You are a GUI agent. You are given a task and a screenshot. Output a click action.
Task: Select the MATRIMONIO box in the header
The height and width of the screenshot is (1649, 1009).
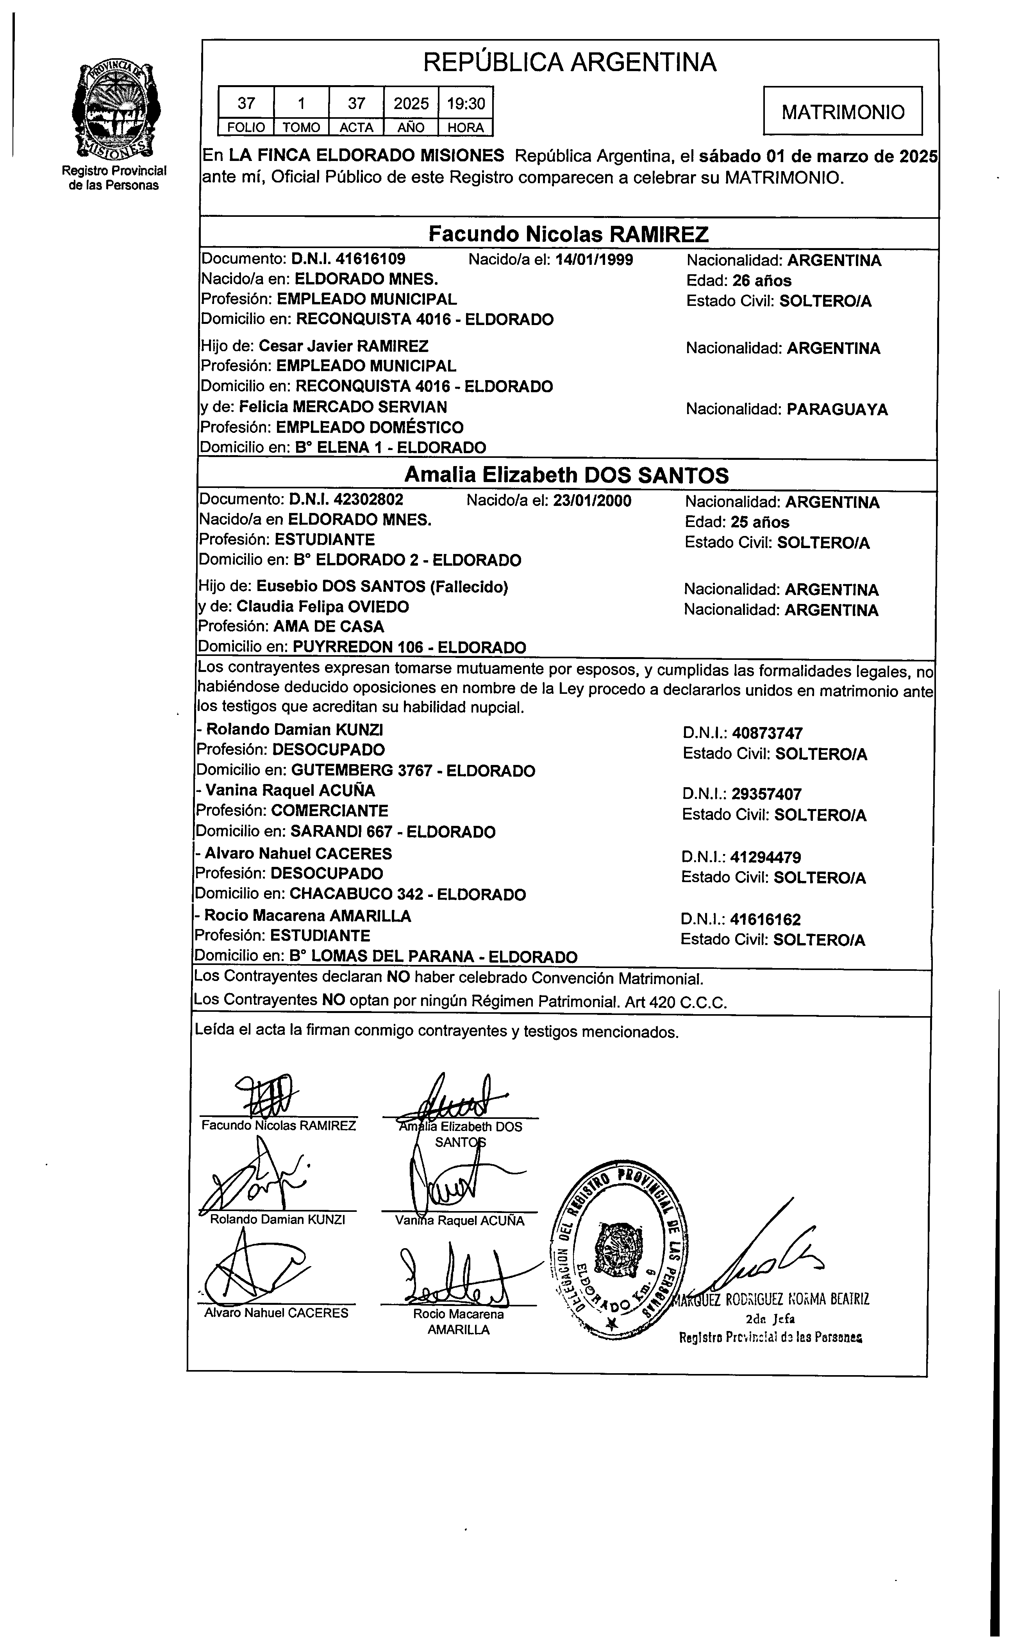point(842,111)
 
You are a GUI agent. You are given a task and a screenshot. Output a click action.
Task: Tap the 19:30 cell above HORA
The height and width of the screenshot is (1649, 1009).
point(466,103)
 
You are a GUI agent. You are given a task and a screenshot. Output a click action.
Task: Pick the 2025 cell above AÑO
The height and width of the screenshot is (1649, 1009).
point(411,103)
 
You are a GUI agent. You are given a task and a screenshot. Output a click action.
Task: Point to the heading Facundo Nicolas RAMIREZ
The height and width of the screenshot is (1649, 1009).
point(568,234)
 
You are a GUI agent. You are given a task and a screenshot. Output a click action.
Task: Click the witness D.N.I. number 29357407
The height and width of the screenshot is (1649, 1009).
point(766,794)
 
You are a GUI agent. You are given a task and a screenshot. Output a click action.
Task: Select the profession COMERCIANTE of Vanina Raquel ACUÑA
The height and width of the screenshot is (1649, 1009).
point(329,811)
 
